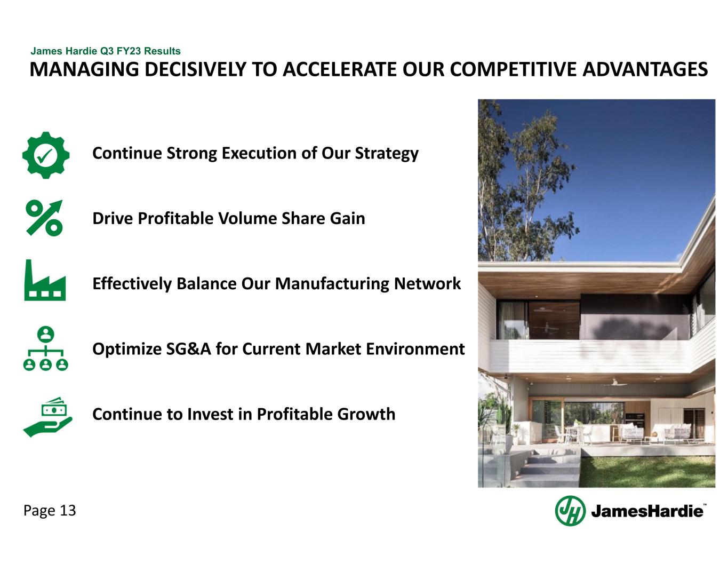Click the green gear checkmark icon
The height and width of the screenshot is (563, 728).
click(45, 155)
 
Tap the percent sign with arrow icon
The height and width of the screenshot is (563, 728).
click(44, 218)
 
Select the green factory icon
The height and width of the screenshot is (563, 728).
click(45, 281)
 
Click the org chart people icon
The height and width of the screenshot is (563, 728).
click(45, 349)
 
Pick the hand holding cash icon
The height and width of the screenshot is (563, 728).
click(47, 417)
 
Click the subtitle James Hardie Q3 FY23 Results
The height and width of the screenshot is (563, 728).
click(106, 51)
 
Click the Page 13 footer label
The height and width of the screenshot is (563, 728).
click(50, 511)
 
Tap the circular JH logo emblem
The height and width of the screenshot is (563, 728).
click(570, 511)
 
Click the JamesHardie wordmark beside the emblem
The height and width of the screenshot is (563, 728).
click(647, 511)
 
